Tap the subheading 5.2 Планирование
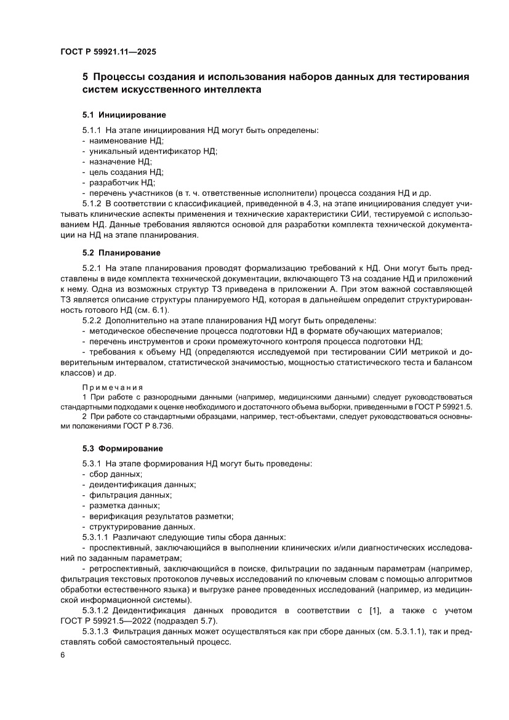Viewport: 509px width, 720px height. [122, 253]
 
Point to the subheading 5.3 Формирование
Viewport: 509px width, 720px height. [123, 448]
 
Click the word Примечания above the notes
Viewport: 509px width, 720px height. [113, 387]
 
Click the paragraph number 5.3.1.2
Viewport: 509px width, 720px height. [98, 610]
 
